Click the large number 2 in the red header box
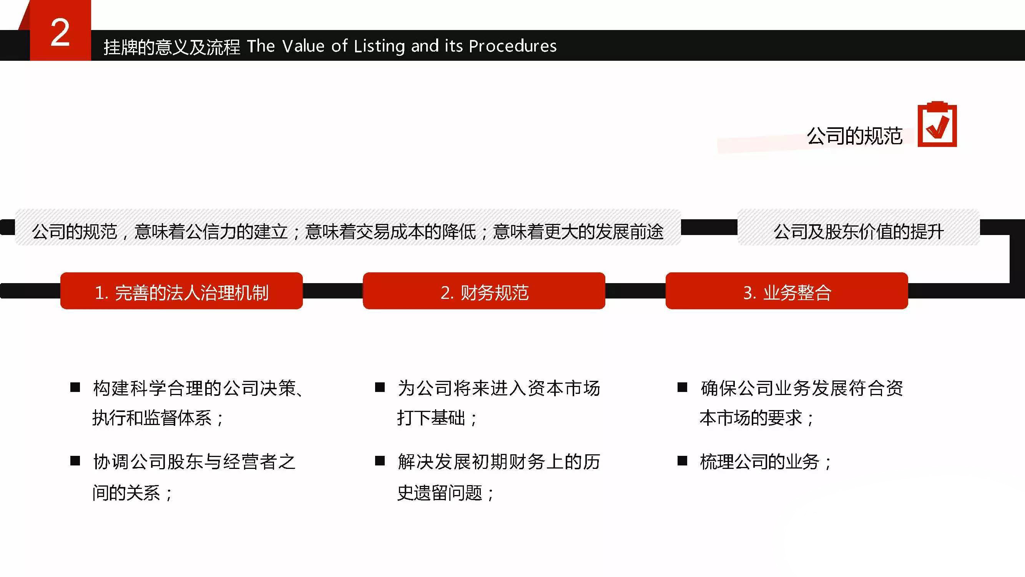60,33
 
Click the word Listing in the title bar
379,47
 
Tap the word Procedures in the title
513,46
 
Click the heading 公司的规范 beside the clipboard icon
854,136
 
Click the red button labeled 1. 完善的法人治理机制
181,291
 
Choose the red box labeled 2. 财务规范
484,291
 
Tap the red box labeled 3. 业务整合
787,291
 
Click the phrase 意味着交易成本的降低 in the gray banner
390,232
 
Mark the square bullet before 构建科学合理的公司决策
75,387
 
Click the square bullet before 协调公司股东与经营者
75,461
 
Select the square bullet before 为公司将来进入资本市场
380,387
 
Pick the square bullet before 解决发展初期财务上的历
380,461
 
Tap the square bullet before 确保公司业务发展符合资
683,387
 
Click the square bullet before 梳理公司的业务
683,461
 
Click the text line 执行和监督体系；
158,418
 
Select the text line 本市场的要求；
757,418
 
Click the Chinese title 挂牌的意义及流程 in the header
172,47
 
